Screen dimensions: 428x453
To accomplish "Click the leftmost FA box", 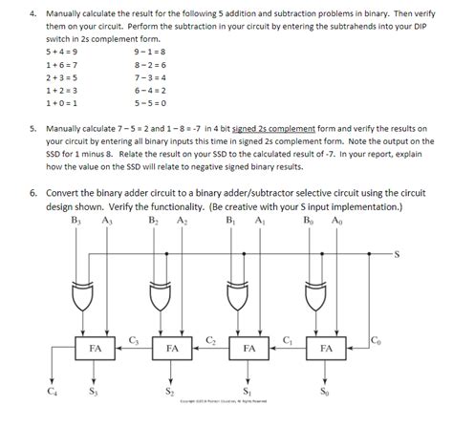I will [96, 349].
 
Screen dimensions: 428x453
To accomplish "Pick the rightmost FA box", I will [327, 349].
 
